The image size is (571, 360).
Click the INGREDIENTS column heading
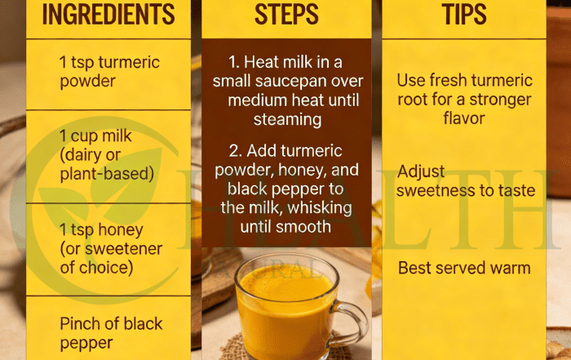108,14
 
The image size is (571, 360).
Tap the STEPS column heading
286,14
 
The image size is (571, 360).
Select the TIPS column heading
464,14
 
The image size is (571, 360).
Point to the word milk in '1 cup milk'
117,136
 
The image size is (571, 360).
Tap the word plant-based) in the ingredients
107,174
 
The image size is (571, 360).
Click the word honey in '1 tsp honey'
121,230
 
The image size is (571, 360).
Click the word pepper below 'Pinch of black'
86,344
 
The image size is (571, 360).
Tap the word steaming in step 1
287,120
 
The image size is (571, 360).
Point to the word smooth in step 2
306,227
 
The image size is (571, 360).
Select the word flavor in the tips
464,118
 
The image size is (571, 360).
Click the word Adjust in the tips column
421,172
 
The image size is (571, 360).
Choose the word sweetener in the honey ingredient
123,249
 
